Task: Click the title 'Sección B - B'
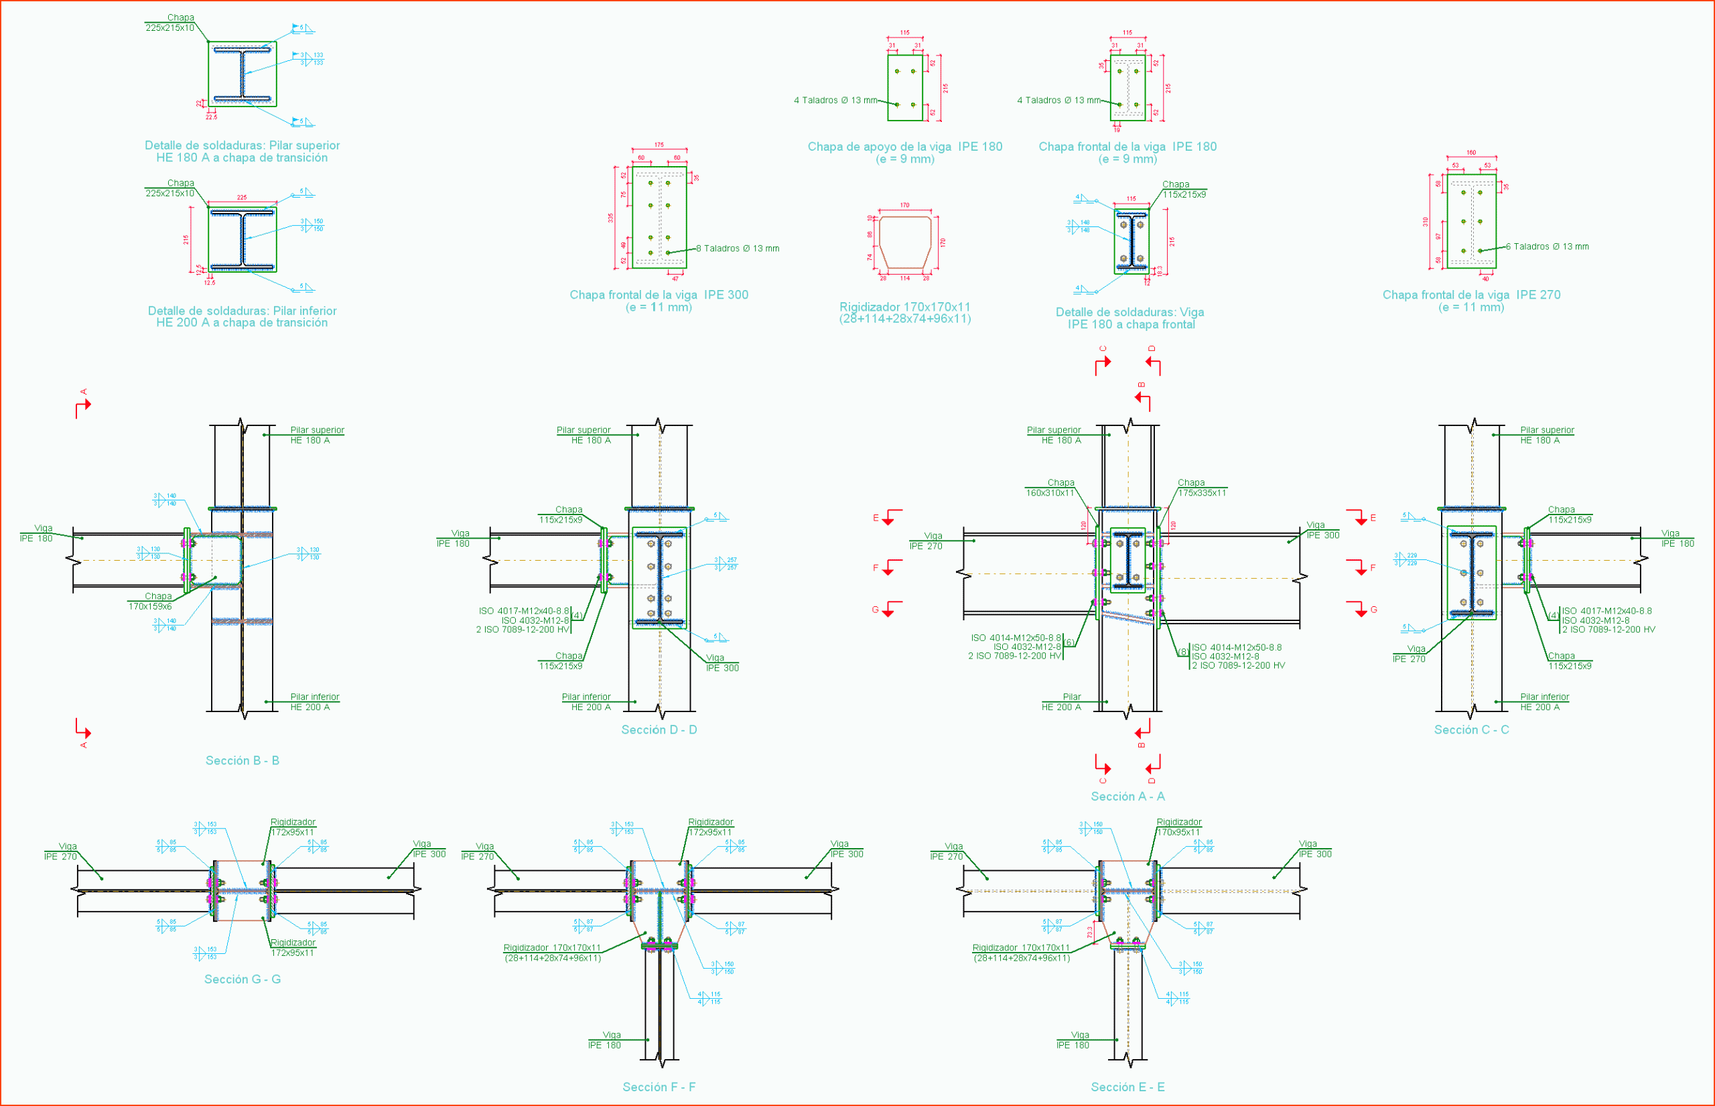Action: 242,760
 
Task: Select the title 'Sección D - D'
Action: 659,730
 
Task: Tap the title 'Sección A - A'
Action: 1127,797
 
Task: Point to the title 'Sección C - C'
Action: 1472,730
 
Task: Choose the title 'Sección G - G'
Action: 242,979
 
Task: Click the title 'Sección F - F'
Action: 659,1087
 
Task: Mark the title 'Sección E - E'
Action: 1127,1087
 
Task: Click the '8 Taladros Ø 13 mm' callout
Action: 738,249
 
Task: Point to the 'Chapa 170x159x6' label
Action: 150,602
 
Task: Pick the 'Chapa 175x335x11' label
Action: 1202,488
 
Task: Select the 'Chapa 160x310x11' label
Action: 1050,488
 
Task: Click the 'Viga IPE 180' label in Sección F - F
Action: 605,1040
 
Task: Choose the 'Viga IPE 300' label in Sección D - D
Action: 722,663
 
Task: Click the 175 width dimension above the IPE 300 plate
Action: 659,145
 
